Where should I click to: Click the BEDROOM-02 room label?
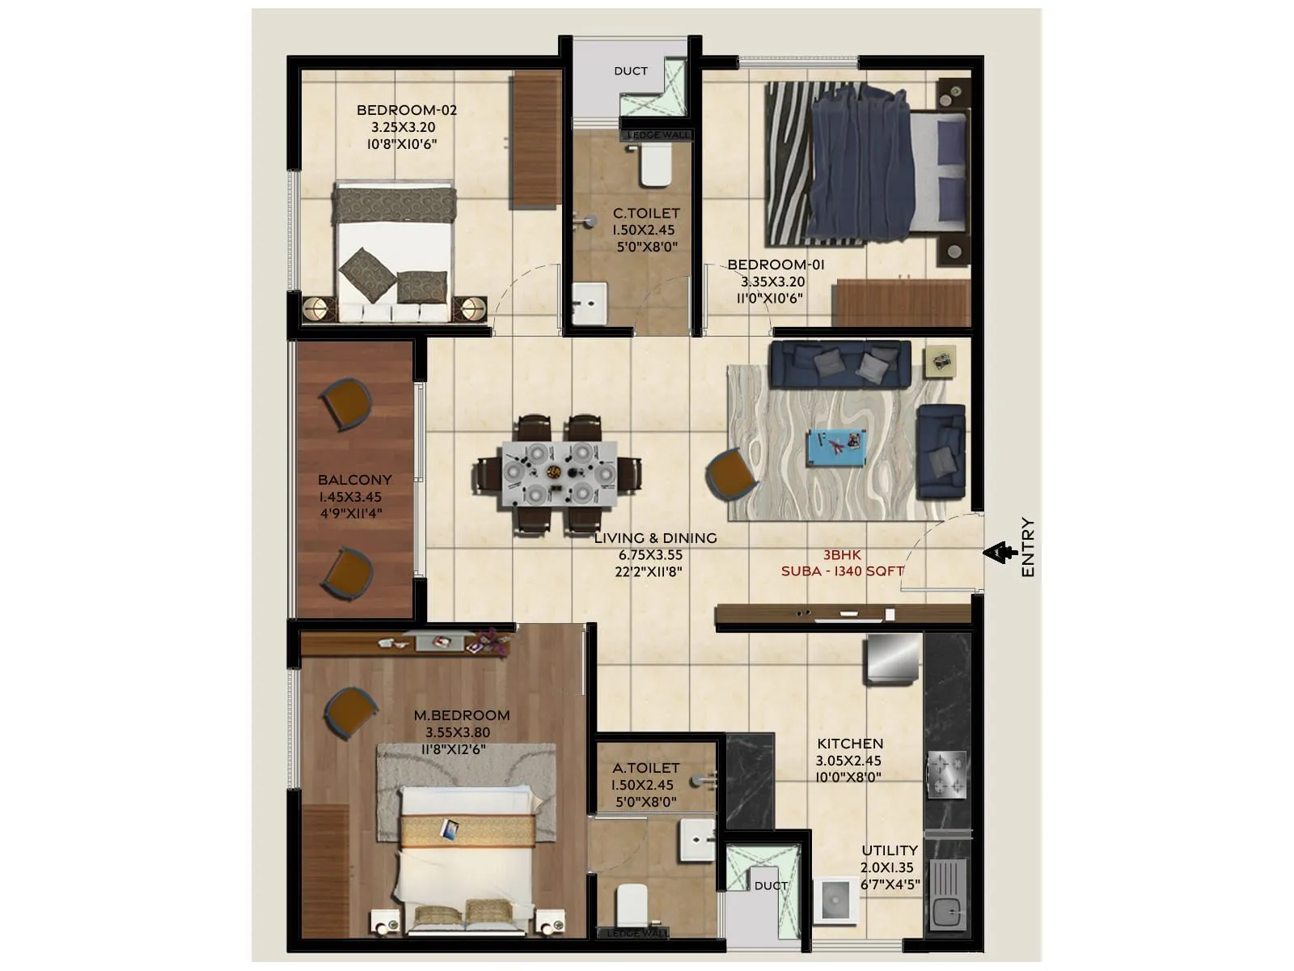click(x=407, y=110)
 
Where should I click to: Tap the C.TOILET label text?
click(x=645, y=213)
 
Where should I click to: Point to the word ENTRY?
click(x=1028, y=548)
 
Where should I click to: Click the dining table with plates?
click(x=558, y=474)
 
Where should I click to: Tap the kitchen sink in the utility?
click(x=948, y=895)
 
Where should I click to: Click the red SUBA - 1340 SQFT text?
click(x=842, y=571)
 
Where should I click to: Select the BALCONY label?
click(x=354, y=480)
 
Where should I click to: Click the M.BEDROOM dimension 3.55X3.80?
click(x=458, y=732)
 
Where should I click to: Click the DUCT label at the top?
click(x=630, y=71)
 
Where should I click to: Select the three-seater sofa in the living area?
click(x=840, y=363)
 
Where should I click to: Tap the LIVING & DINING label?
click(x=655, y=538)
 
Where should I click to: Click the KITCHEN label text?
click(x=849, y=744)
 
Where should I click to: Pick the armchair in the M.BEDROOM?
click(x=350, y=713)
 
